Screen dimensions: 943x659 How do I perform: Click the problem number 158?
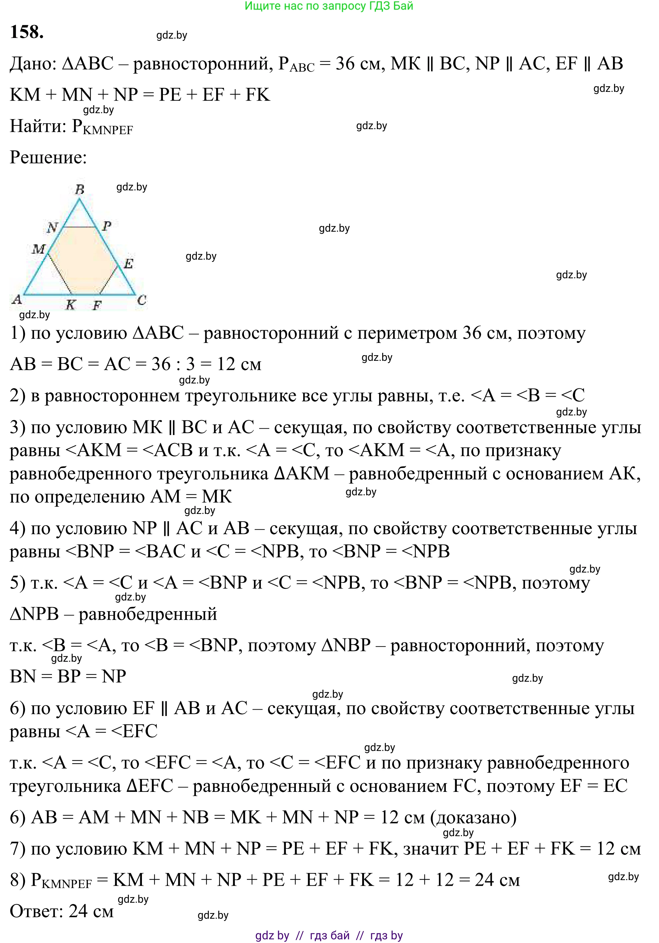pyautogui.click(x=27, y=32)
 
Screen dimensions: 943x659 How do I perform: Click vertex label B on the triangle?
pyautogui.click(x=80, y=189)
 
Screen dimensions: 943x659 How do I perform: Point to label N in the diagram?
pyautogui.click(x=52, y=227)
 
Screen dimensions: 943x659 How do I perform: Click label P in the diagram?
pyautogui.click(x=107, y=225)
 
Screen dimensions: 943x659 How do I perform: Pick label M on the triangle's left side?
pyautogui.click(x=39, y=249)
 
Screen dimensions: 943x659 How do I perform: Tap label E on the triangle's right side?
pyautogui.click(x=129, y=264)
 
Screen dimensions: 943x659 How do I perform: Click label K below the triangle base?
pyautogui.click(x=71, y=305)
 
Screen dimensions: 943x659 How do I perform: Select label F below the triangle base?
pyautogui.click(x=97, y=306)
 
